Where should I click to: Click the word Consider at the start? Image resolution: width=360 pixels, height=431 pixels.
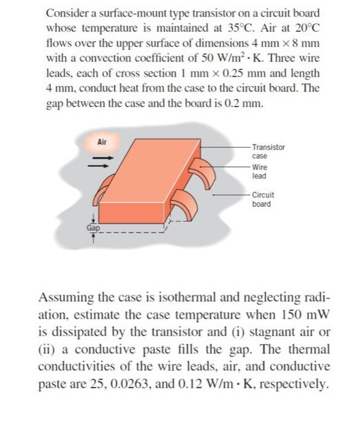pos(66,14)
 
